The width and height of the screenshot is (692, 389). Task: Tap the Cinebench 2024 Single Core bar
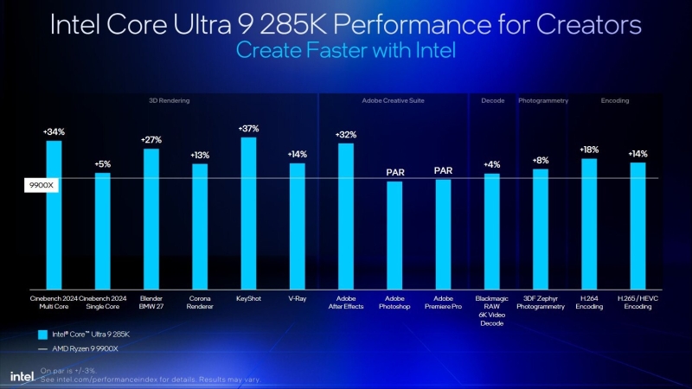tap(102, 231)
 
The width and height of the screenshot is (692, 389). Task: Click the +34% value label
tap(53, 131)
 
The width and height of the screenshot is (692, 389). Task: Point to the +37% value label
tap(247, 129)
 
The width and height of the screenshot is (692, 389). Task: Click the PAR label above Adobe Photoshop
tap(394, 172)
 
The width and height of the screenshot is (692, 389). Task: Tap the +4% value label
tap(491, 164)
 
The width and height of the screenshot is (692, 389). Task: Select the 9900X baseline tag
tap(40, 184)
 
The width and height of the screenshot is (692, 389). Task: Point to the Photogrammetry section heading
tap(543, 101)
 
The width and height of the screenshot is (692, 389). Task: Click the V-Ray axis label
tap(297, 297)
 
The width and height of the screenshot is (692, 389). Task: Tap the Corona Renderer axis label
tap(199, 302)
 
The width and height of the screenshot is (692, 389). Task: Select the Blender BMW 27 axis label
tap(151, 302)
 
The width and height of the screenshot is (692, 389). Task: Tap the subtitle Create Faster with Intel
tap(346, 51)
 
